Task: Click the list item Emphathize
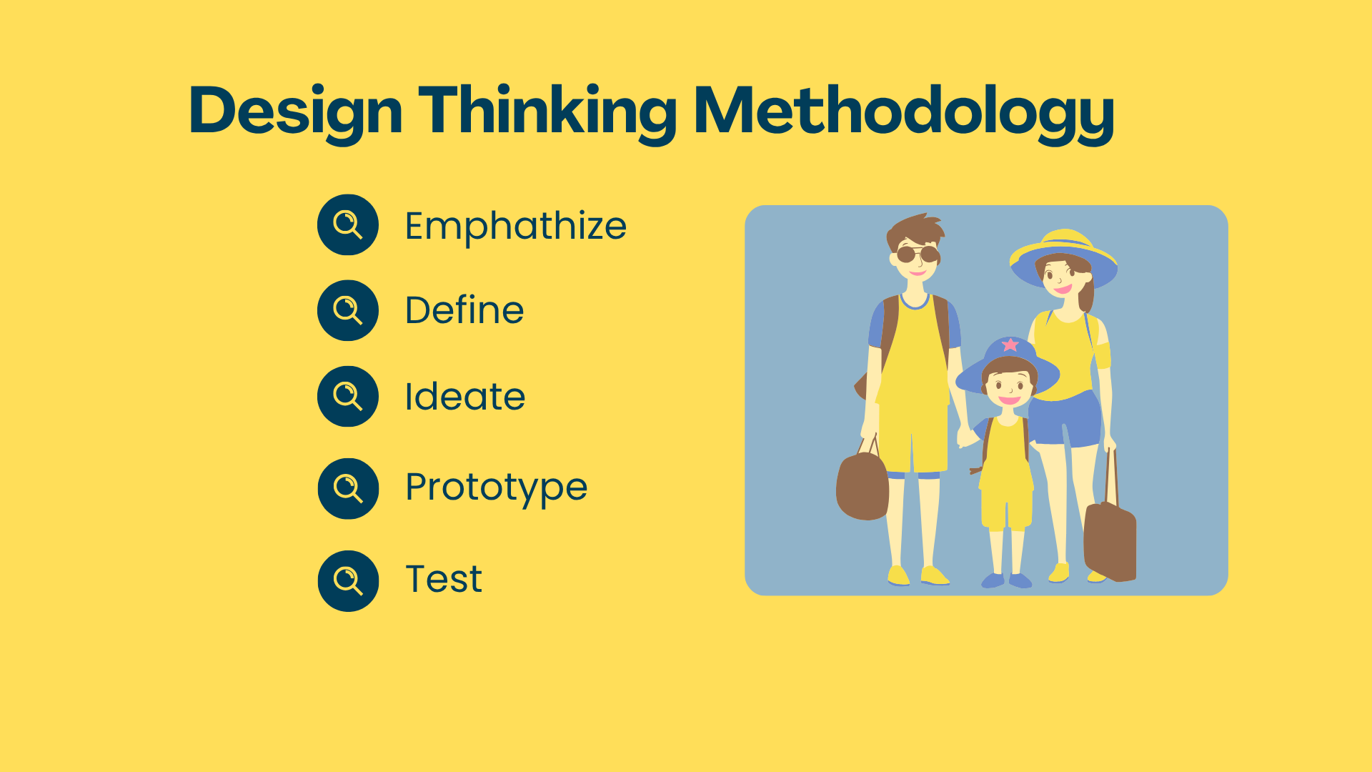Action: [515, 227]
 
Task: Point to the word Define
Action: [464, 310]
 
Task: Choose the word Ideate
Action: [464, 397]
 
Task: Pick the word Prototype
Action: [496, 488]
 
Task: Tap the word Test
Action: [444, 579]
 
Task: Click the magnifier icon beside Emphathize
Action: [348, 224]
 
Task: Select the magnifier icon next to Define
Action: [348, 310]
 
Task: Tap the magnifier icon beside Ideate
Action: [348, 396]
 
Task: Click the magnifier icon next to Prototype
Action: [348, 488]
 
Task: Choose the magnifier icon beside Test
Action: [348, 580]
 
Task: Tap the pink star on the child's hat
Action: [1010, 345]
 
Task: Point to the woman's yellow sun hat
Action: [1063, 257]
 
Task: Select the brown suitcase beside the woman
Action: [1110, 540]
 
